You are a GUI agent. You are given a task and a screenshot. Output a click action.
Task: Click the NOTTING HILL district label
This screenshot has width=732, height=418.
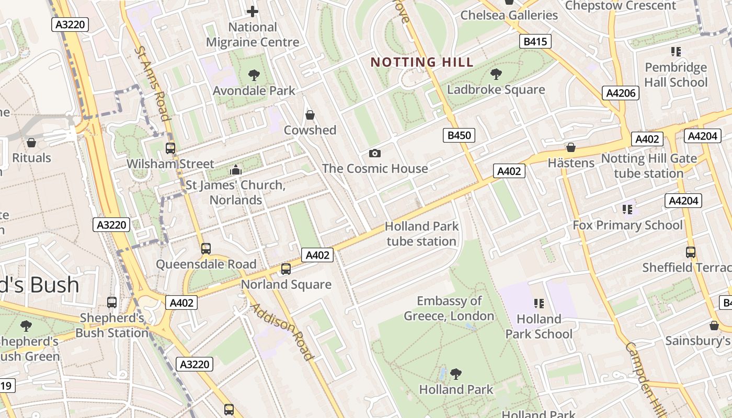click(422, 62)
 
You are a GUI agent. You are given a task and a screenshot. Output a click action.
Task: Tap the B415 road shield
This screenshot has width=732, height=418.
click(535, 41)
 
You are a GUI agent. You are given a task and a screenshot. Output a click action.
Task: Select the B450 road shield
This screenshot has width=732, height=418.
click(460, 135)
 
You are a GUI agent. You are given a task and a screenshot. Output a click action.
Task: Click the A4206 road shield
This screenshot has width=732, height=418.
click(621, 93)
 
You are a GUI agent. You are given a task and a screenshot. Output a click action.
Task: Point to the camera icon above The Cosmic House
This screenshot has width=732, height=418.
click(374, 153)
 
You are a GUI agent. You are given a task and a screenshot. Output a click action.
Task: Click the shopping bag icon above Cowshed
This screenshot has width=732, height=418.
click(310, 115)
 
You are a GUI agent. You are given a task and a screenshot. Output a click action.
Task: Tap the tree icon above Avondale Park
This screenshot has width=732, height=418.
click(254, 75)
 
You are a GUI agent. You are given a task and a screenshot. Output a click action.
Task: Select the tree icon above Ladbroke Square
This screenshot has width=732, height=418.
click(496, 74)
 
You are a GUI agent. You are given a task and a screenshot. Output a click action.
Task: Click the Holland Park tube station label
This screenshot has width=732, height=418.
click(421, 234)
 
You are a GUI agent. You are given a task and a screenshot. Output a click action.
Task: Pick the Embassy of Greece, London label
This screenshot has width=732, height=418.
click(449, 308)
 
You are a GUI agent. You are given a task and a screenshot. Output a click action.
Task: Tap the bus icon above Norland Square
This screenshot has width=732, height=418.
click(285, 269)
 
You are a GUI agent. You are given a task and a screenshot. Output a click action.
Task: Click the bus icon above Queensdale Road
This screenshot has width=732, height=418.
click(206, 249)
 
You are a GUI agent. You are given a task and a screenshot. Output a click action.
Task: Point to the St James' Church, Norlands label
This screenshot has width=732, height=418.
click(236, 192)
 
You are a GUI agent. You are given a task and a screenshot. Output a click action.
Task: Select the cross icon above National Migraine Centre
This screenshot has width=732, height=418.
click(253, 11)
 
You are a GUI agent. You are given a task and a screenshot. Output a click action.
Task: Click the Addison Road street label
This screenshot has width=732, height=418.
click(283, 331)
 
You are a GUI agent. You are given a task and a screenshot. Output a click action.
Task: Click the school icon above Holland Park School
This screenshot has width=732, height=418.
click(539, 304)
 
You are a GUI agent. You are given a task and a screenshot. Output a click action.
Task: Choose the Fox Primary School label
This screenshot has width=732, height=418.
click(627, 225)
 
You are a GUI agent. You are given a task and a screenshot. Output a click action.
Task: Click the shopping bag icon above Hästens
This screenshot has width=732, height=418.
click(571, 148)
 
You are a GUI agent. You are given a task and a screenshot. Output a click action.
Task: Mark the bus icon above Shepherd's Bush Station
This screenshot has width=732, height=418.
click(112, 302)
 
